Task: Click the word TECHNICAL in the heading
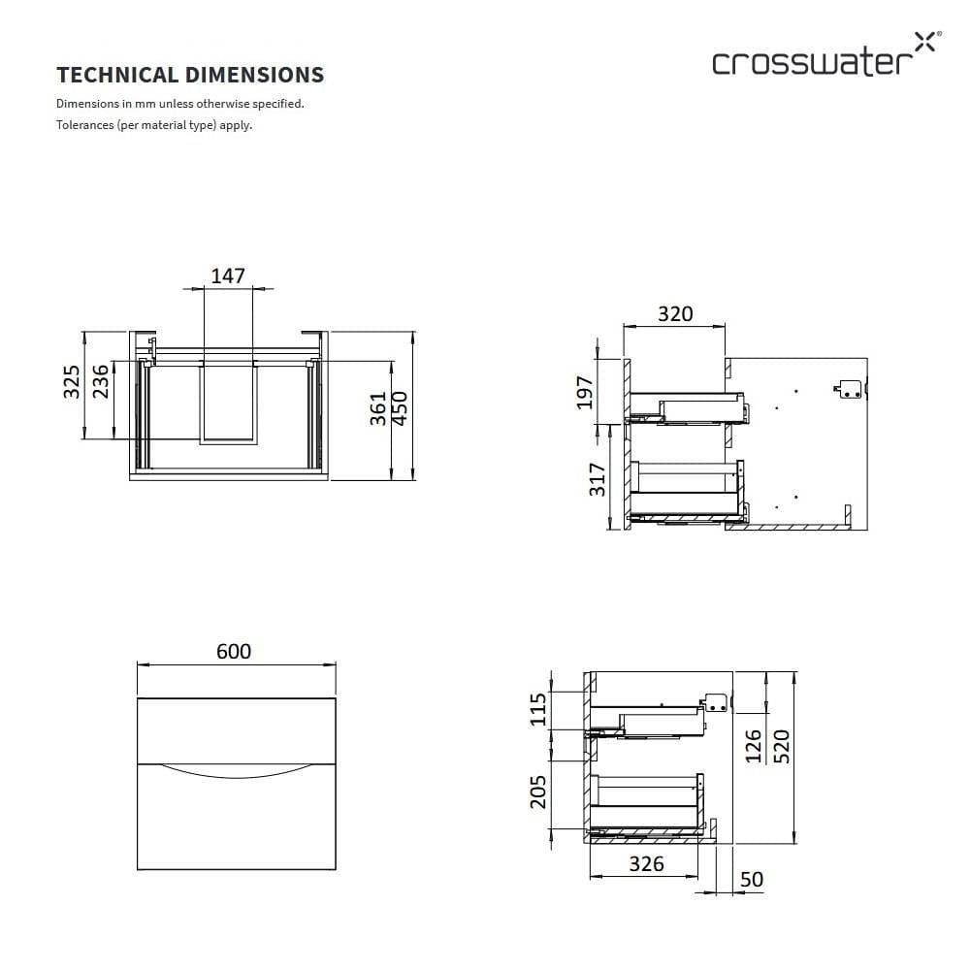(x=117, y=75)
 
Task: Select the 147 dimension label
(x=228, y=275)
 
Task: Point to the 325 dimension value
(x=72, y=381)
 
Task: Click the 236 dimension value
(x=100, y=381)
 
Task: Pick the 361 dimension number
(x=378, y=408)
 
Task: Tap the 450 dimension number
(x=401, y=408)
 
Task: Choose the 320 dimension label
(x=675, y=313)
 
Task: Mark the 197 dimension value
(x=585, y=392)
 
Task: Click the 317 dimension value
(x=597, y=479)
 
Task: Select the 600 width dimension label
(x=234, y=651)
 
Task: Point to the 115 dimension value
(x=538, y=710)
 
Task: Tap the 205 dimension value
(x=538, y=792)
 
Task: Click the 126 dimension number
(x=754, y=746)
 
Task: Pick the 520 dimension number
(x=781, y=746)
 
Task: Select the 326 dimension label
(x=646, y=863)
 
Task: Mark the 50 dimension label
(x=752, y=879)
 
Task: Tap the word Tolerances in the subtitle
(x=85, y=125)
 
